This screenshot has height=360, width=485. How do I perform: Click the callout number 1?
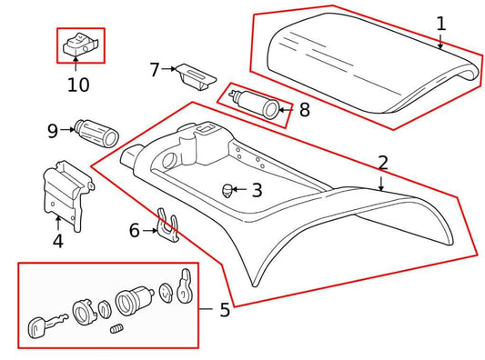(441, 24)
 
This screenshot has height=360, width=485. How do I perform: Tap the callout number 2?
(383, 164)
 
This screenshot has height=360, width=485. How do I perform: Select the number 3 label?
(257, 191)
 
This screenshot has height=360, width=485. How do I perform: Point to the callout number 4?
(58, 242)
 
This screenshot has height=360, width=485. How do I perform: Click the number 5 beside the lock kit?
(224, 310)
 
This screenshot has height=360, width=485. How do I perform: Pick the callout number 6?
(135, 231)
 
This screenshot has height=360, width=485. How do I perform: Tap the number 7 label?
(155, 69)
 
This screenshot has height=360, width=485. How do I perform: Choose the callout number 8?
(304, 112)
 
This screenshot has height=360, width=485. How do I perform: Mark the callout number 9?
(53, 130)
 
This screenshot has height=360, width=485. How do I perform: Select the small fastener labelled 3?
(226, 190)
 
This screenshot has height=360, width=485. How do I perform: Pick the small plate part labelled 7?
(193, 74)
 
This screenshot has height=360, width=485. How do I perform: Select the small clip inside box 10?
(81, 45)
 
